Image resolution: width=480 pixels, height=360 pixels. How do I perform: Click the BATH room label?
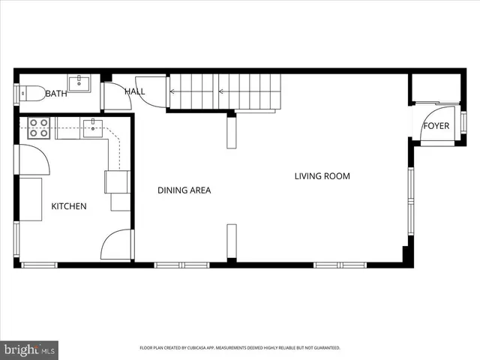56,94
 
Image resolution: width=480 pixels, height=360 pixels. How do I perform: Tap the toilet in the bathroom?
30,93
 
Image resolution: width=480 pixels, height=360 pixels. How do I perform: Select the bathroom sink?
79,83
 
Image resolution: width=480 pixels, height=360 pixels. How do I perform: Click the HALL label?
135,91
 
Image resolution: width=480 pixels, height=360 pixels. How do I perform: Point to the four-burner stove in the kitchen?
39,128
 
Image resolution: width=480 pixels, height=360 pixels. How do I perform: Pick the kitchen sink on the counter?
93,128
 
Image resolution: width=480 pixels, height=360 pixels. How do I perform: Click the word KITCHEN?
69,206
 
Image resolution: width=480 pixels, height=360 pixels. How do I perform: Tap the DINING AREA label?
184,190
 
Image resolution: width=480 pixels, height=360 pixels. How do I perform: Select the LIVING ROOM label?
322,177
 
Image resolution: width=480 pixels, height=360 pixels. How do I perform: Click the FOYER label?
436,126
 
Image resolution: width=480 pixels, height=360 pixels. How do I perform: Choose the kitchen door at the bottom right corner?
116,244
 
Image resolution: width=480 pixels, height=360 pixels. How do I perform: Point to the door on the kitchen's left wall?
31,160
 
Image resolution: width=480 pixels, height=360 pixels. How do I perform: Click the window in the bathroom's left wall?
16,94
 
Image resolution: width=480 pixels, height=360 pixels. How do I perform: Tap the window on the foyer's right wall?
463,121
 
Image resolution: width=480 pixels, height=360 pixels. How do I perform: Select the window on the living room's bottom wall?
340,265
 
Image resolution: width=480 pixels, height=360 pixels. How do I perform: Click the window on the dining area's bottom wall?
181,265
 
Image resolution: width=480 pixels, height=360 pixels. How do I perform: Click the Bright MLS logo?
30,349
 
